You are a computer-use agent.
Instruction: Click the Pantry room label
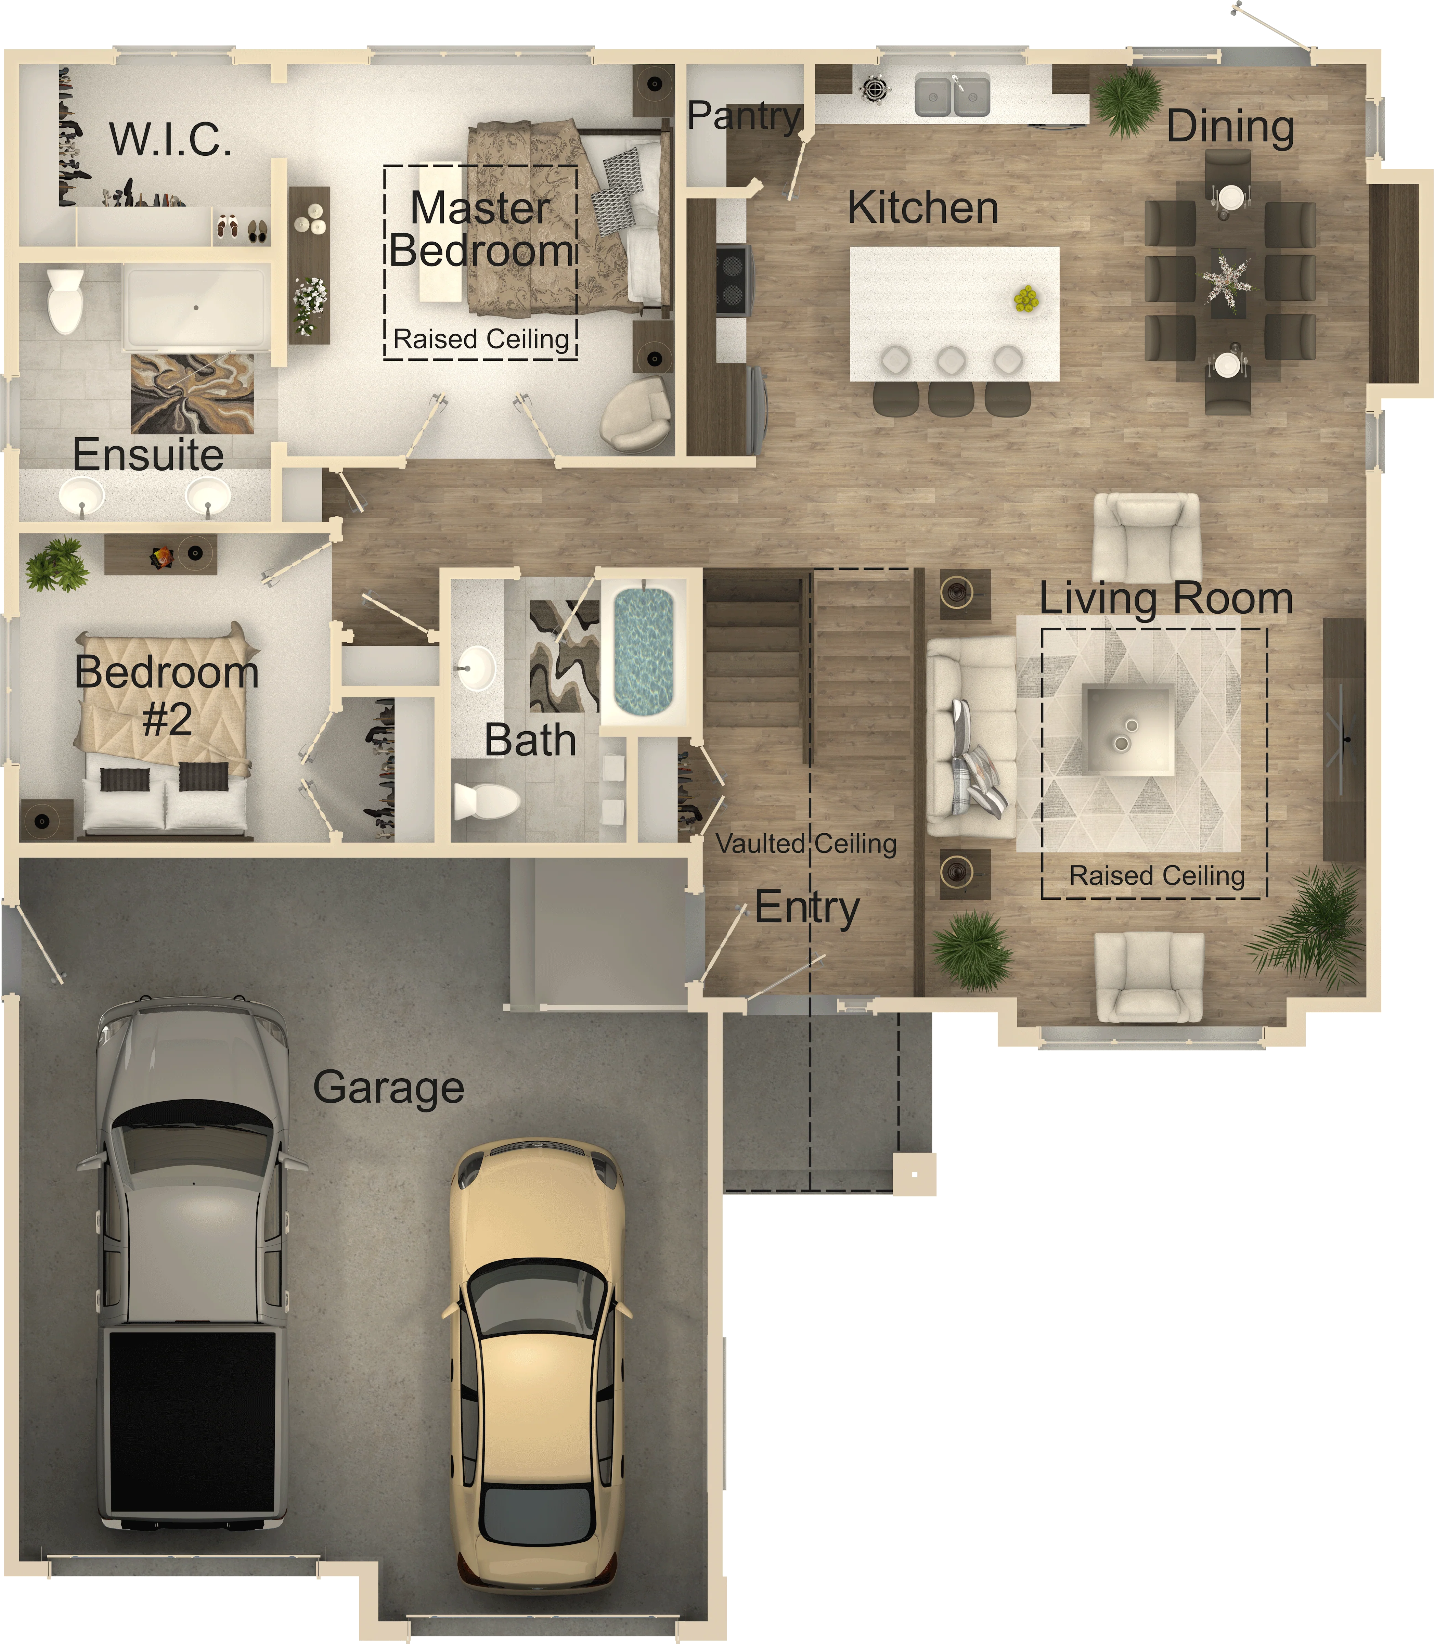tap(744, 117)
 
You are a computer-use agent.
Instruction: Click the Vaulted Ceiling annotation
tap(806, 844)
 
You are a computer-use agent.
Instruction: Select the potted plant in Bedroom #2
tap(56, 564)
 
